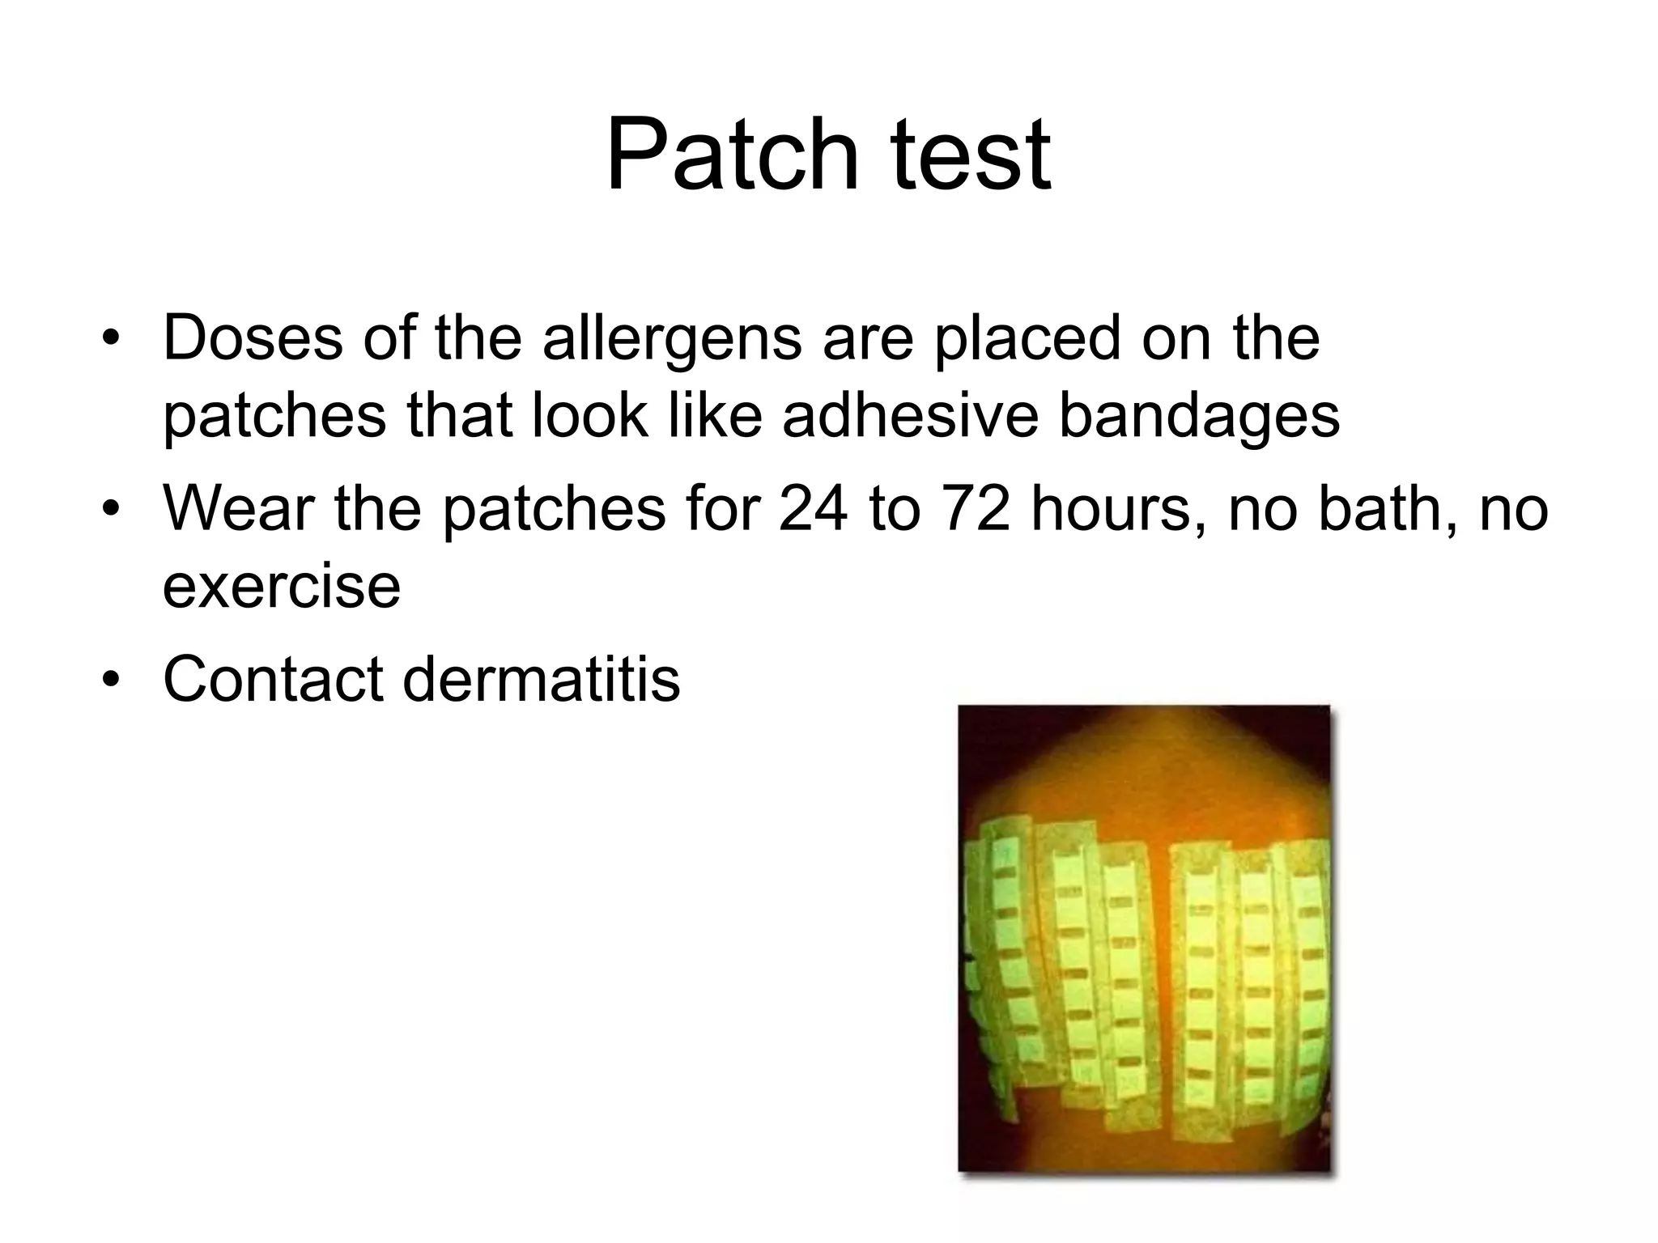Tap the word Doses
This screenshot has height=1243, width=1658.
coord(253,337)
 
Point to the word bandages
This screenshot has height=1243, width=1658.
coord(1199,415)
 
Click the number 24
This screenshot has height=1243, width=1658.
coord(814,509)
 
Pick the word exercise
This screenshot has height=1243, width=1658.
coord(281,586)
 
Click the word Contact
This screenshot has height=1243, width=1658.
coord(273,678)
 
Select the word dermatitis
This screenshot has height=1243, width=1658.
coord(541,678)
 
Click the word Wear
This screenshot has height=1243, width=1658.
coord(239,509)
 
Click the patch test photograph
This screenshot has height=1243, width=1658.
coord(1144,939)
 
